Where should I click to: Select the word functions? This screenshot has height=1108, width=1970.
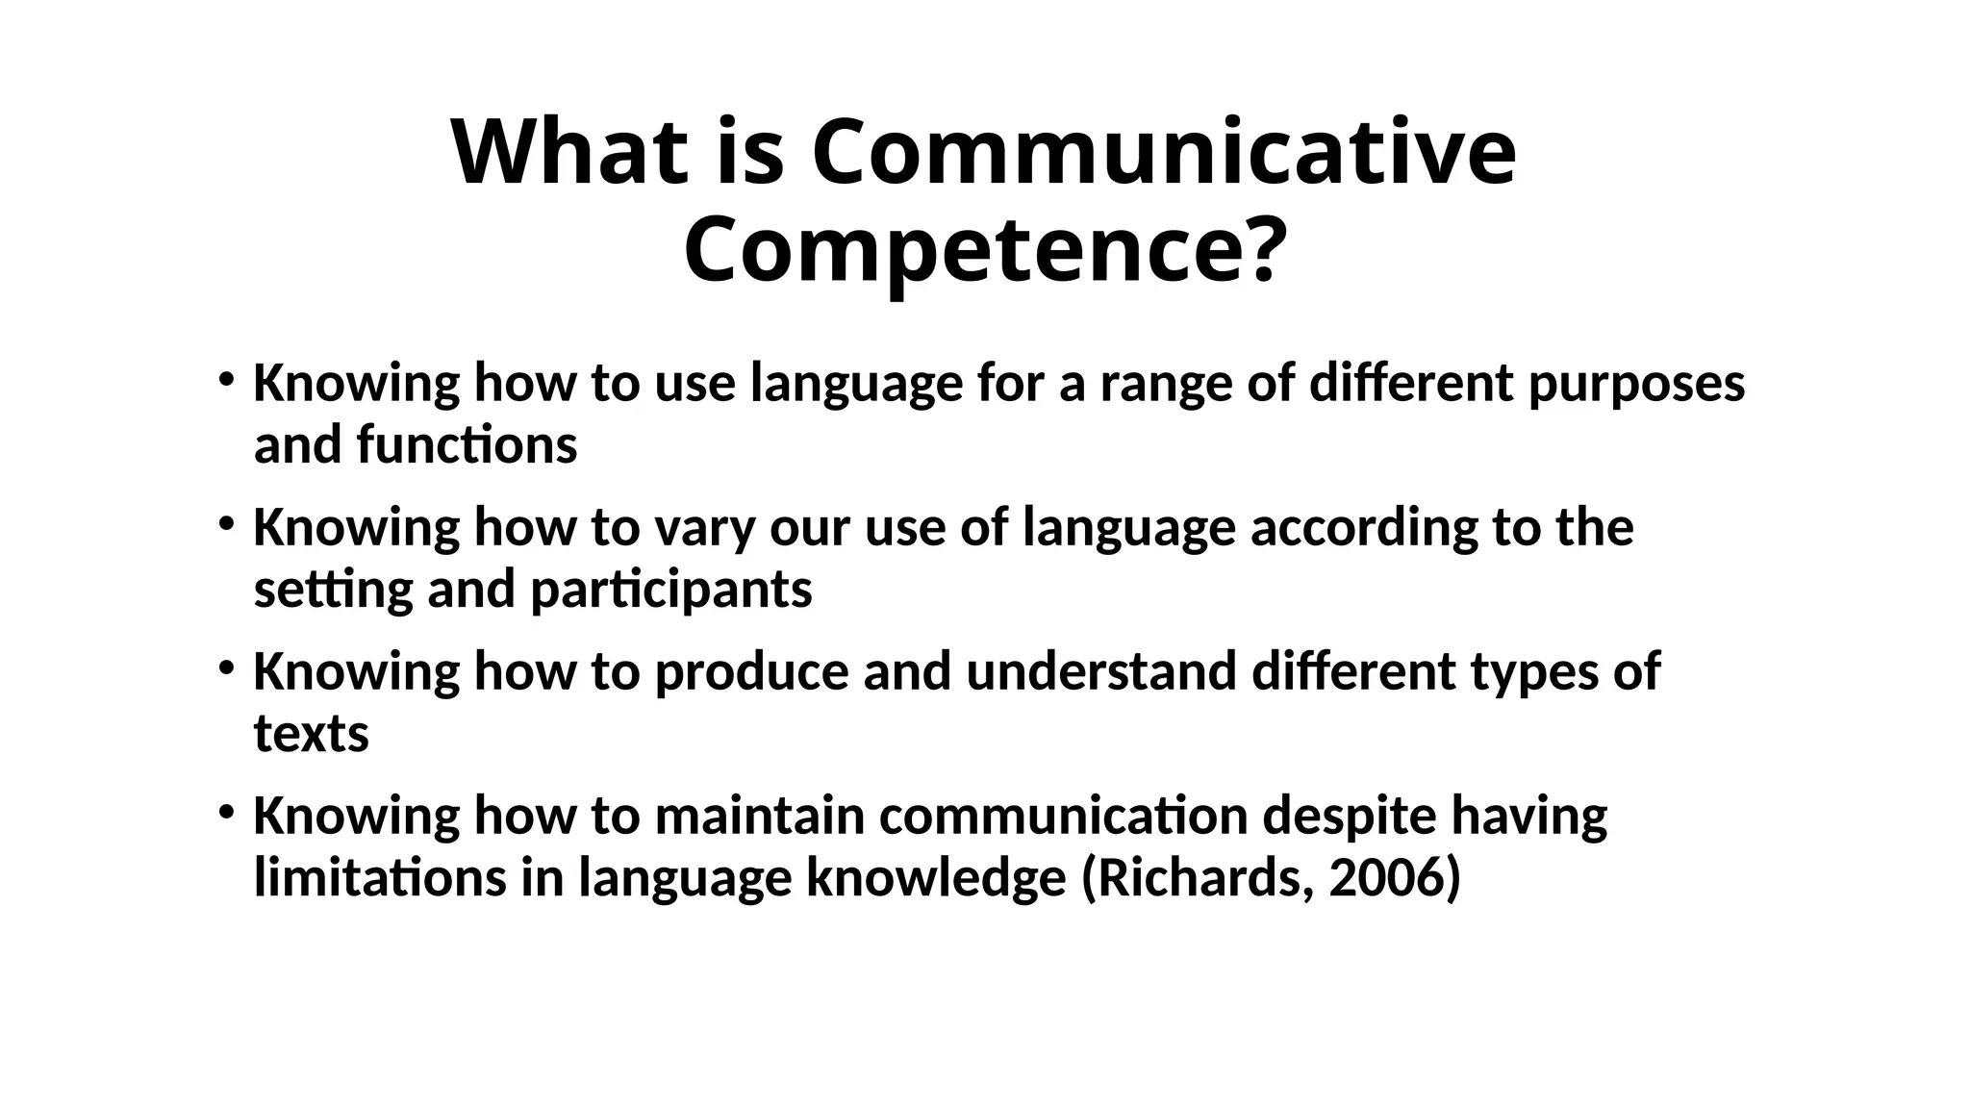click(x=467, y=445)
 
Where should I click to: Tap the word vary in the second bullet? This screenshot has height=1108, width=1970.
click(x=705, y=528)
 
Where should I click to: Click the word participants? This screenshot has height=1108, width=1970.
click(x=671, y=589)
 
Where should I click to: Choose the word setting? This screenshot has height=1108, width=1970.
click(x=333, y=589)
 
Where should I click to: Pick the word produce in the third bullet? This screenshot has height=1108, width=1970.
click(x=751, y=671)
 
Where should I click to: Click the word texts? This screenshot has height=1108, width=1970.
click(x=311, y=734)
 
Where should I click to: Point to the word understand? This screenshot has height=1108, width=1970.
click(x=1101, y=671)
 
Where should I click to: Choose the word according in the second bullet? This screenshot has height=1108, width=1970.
click(x=1363, y=528)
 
